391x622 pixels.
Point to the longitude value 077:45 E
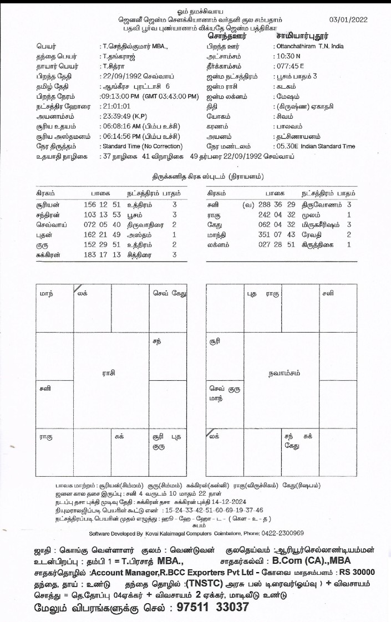point(288,66)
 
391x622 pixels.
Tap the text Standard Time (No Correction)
point(141,146)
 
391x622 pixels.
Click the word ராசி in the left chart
point(109,374)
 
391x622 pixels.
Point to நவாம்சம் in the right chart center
point(282,374)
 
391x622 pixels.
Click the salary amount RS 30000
point(354,572)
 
